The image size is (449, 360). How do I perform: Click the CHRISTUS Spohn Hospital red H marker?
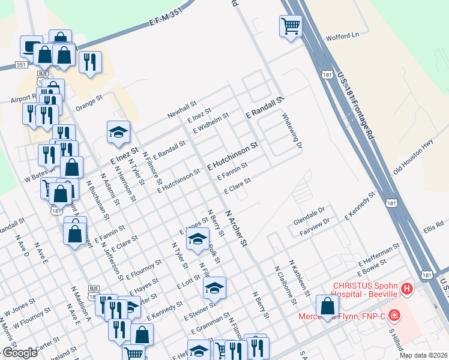408,289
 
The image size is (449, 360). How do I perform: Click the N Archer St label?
236,228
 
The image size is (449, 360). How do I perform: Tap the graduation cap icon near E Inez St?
118,133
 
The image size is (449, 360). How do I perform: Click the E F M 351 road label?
165,23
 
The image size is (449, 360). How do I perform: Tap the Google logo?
20,353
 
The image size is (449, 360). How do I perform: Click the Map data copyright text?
423,355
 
